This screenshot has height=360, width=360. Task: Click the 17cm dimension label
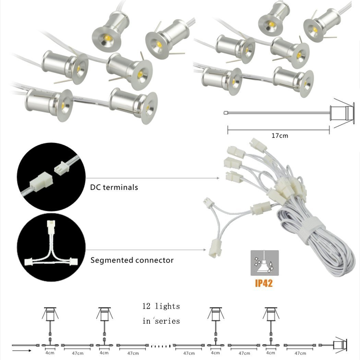tap(280, 135)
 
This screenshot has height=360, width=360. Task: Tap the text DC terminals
tap(114, 187)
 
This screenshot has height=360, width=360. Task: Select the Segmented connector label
tap(132, 260)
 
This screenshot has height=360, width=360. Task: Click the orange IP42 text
tap(264, 284)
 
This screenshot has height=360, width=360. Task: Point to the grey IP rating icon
tap(264, 263)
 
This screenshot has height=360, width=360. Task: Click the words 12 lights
tap(161, 306)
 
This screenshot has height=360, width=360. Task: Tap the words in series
tap(161, 321)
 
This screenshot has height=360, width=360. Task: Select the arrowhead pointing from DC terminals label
tap(218, 178)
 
